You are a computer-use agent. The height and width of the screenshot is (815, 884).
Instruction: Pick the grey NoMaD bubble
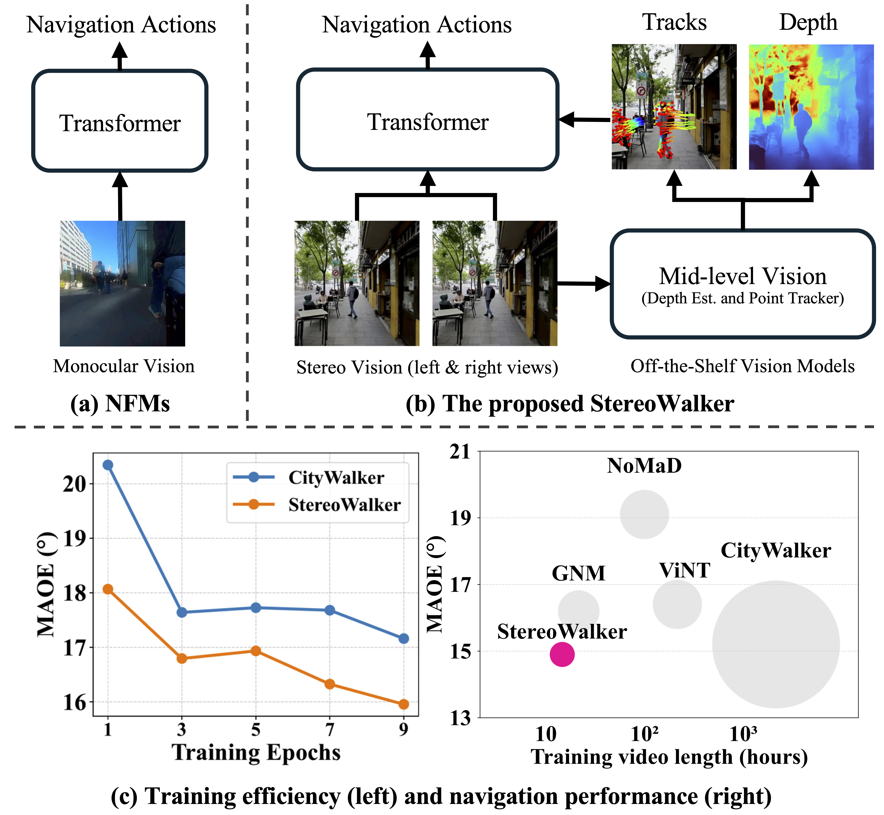click(x=644, y=514)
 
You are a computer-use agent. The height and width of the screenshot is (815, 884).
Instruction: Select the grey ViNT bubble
click(x=677, y=604)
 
